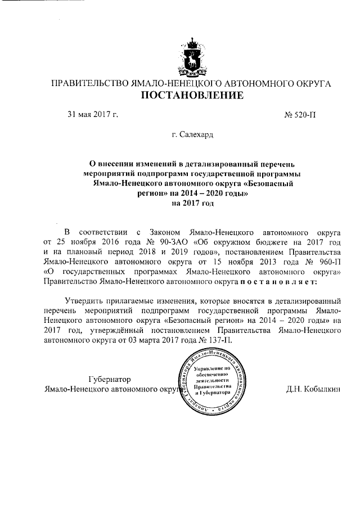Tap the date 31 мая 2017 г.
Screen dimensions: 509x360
(x=93, y=115)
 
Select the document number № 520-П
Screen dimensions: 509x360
(x=301, y=115)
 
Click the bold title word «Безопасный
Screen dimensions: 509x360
(x=263, y=184)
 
